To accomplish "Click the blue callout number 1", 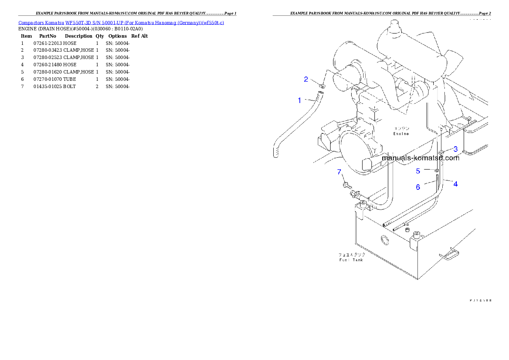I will (299, 100).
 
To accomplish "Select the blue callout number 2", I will (306, 79).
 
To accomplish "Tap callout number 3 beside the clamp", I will (456, 149).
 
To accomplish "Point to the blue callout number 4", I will (456, 184).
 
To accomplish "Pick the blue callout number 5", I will (418, 171).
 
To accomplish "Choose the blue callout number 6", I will (418, 187).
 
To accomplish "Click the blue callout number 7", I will (339, 172).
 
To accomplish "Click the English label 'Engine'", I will (401, 134).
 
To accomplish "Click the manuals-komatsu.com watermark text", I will (420, 158).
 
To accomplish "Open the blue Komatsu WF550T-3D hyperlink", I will (121, 23).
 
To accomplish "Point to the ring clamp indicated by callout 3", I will (440, 152).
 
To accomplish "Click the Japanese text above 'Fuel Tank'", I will (352, 255).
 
